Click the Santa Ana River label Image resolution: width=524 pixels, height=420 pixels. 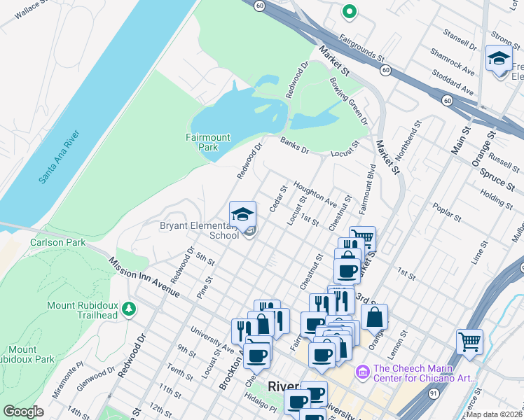click(x=60, y=156)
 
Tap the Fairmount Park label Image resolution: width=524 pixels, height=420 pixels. click(x=207, y=142)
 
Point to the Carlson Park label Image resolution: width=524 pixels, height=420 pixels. click(x=57, y=242)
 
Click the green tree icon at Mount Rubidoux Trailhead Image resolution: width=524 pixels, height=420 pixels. click(x=128, y=309)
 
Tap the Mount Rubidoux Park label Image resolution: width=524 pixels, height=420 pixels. click(x=27, y=354)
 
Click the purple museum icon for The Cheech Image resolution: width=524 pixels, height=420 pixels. click(x=362, y=370)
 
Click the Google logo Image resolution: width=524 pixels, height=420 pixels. click(x=23, y=412)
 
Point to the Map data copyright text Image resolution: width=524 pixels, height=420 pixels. click(x=495, y=414)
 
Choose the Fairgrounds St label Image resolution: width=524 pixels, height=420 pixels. click(x=361, y=46)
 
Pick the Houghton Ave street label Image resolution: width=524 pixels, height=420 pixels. click(x=315, y=192)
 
